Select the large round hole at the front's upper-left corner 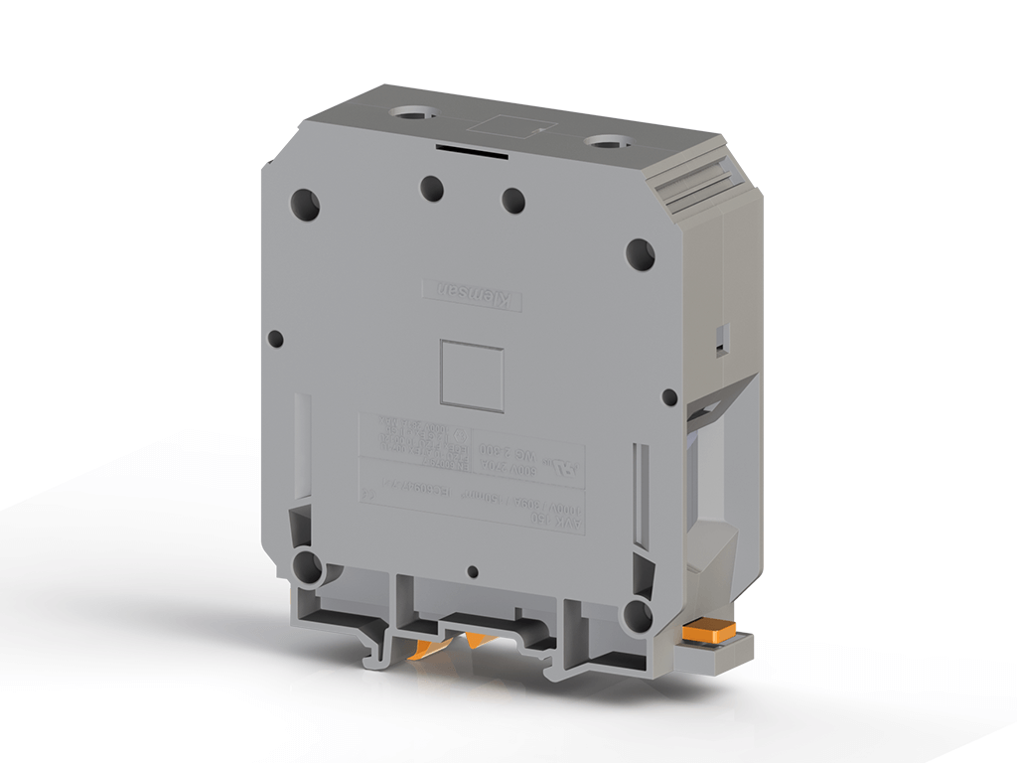[305, 205]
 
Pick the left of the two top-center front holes [431, 188]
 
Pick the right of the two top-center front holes [512, 200]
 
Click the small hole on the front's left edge [276, 338]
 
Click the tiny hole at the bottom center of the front [474, 572]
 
